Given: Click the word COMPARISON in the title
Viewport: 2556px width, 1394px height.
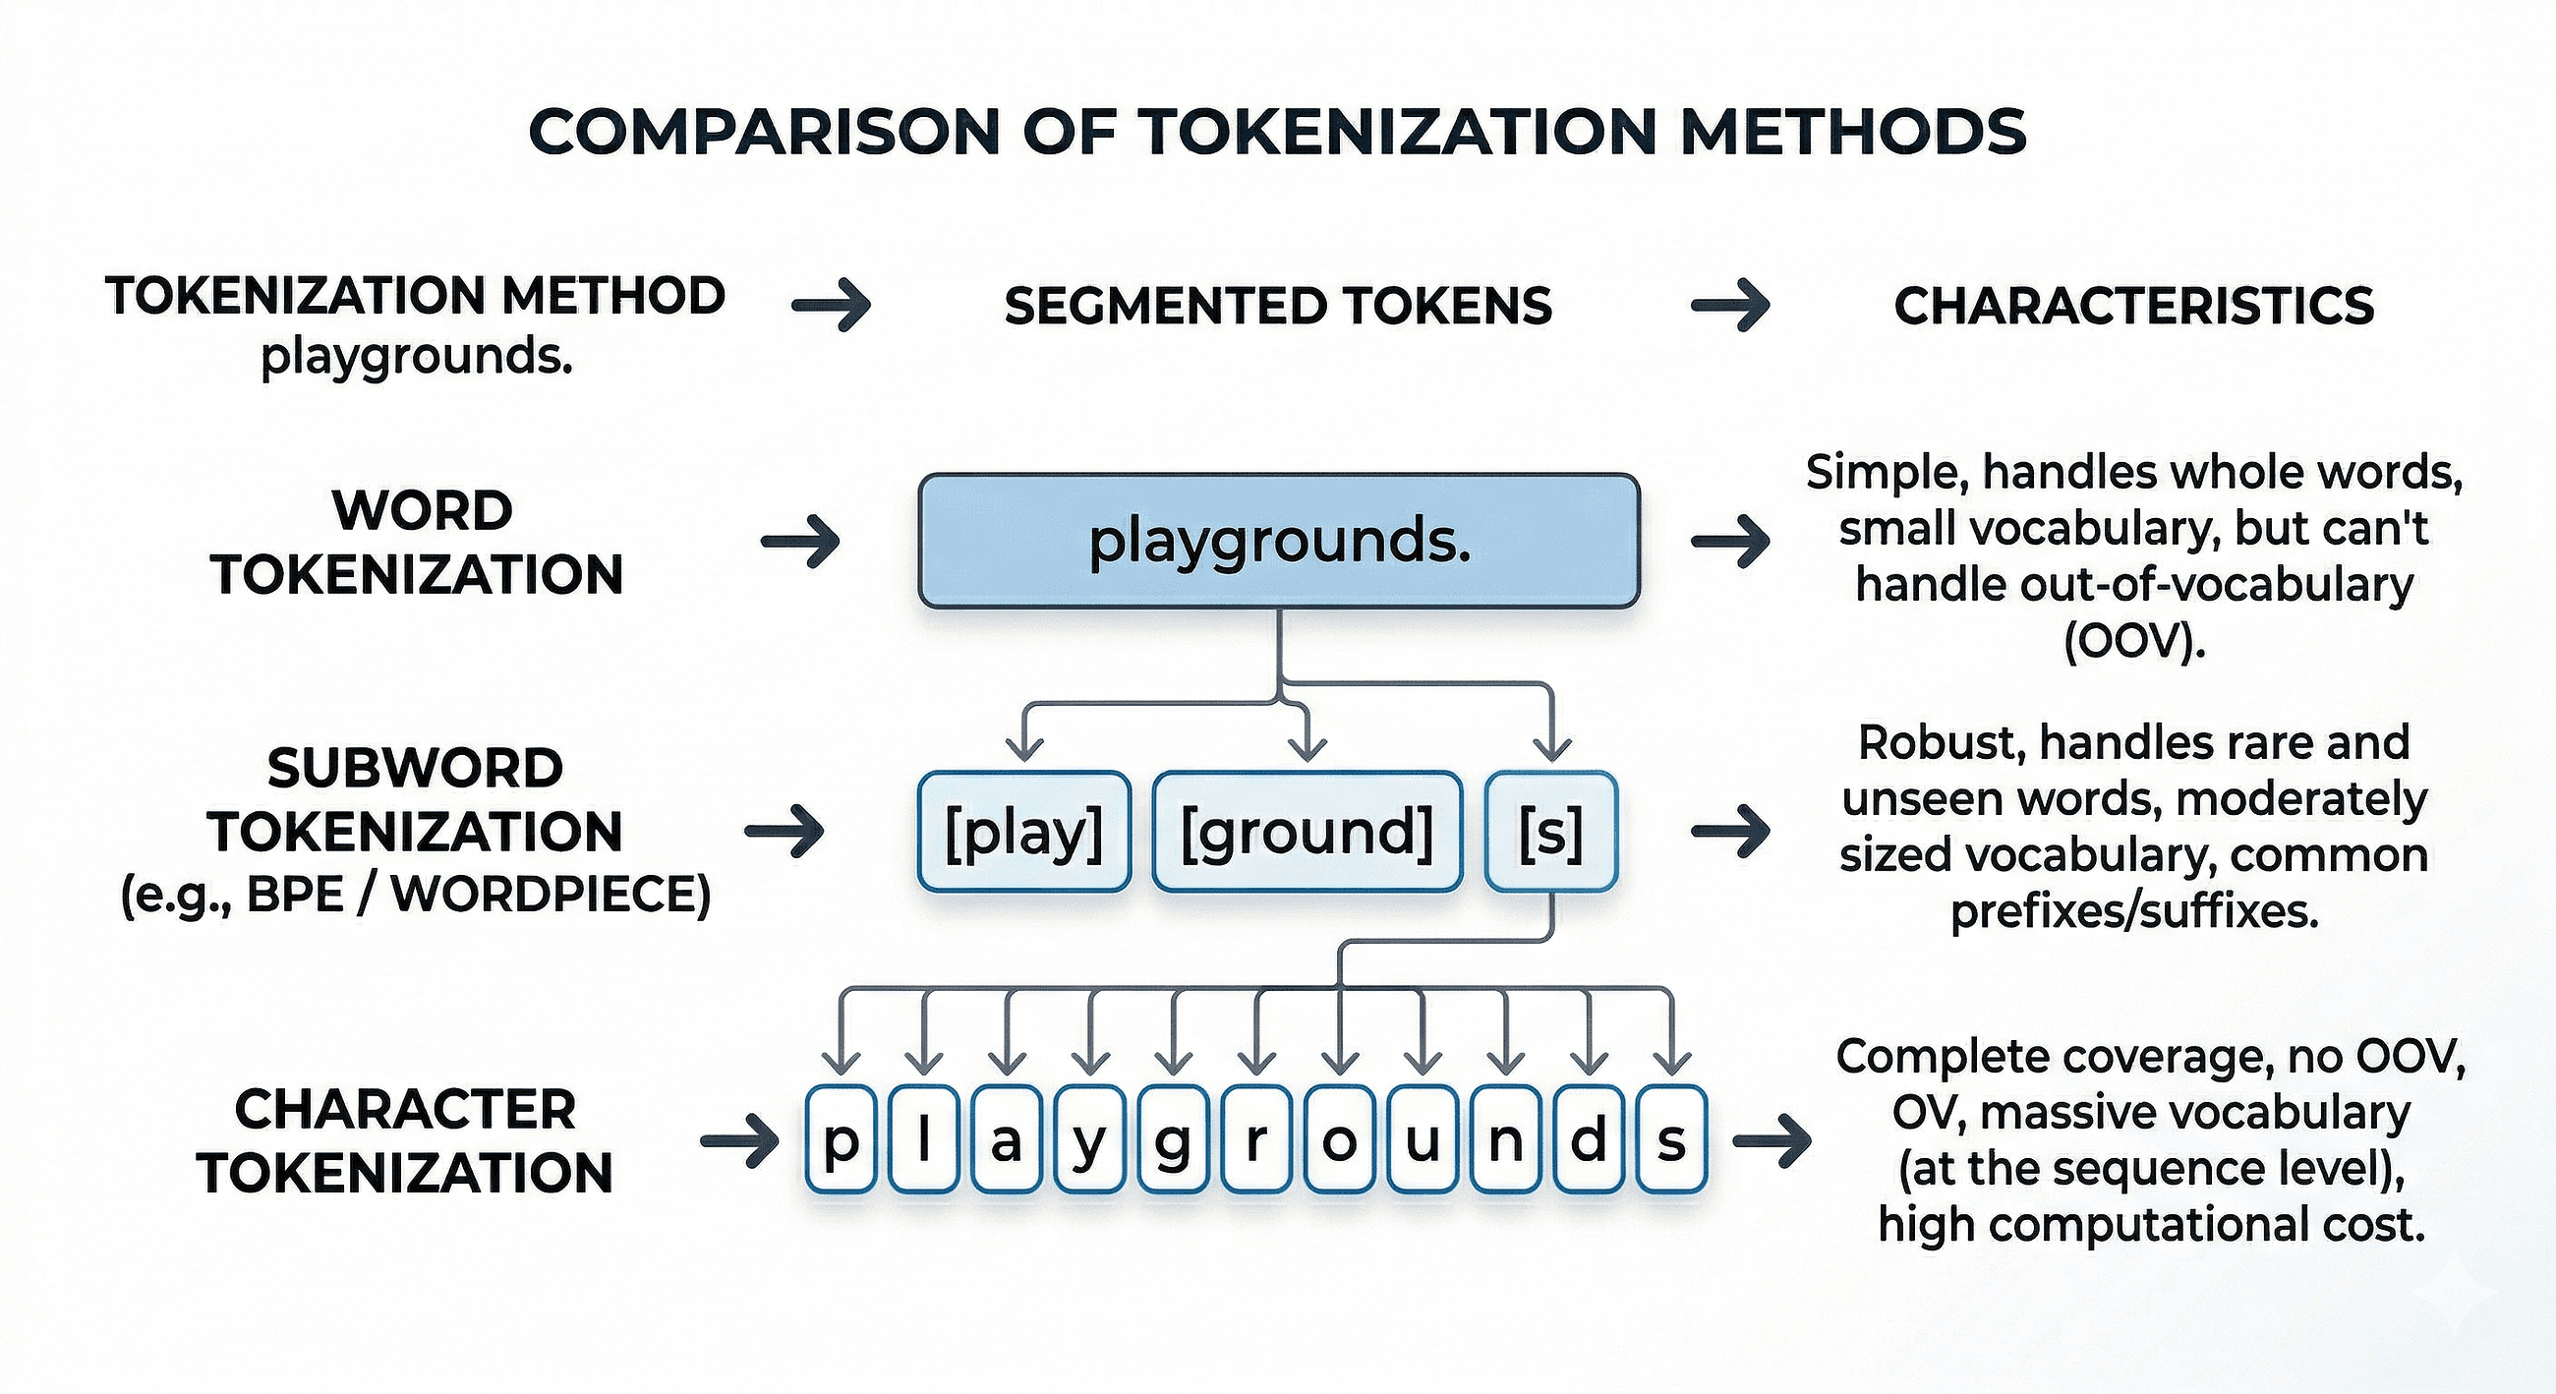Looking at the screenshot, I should [764, 132].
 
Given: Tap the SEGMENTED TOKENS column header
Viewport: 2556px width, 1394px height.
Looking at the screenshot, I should [1278, 306].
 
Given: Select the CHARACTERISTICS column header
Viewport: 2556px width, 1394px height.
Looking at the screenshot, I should [2133, 306].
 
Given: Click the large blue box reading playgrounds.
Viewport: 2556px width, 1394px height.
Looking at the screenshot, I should [1278, 541].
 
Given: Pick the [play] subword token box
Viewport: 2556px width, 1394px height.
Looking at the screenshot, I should [1024, 832].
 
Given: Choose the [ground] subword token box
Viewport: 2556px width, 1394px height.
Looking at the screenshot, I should [1307, 832].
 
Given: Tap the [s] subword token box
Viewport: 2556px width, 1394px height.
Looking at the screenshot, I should [1551, 832].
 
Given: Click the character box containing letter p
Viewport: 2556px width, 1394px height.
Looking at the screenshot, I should [841, 1139].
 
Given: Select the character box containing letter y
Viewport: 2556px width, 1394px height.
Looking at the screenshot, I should [1089, 1139].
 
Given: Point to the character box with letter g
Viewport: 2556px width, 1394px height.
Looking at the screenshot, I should [1173, 1139].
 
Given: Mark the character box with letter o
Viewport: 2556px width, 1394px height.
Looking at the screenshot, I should [1340, 1139].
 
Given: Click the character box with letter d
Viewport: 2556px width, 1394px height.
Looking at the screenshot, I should [1589, 1139].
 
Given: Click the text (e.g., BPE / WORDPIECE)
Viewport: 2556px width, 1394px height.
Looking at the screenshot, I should [416, 896].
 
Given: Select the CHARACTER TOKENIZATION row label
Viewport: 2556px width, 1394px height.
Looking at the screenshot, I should [405, 1141].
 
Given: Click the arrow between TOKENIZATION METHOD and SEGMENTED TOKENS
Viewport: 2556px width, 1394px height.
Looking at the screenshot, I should [832, 305].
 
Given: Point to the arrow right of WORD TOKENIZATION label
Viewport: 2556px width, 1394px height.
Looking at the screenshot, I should [801, 542].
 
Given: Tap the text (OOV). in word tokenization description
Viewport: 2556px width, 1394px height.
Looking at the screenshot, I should [2133, 642].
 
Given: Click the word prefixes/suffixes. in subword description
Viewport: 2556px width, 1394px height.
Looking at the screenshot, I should [2133, 910].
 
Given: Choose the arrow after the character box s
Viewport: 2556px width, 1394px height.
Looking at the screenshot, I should [1772, 1141].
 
